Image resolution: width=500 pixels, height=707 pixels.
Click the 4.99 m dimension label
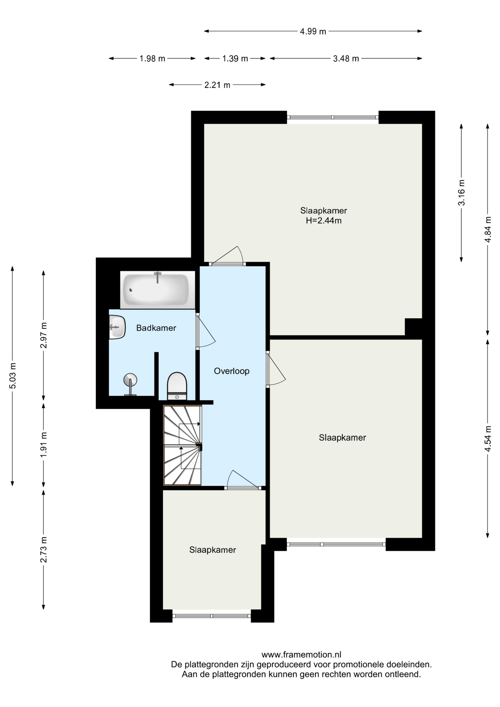(313, 31)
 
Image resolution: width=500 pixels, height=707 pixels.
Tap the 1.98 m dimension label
(152, 58)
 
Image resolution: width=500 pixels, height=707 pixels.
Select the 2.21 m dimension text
(217, 85)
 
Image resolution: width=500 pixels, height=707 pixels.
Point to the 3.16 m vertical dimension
(461, 193)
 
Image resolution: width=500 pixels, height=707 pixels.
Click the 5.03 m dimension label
(13, 376)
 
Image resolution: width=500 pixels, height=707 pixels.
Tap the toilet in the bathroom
(177, 386)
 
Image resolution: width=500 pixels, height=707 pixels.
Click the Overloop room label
(232, 371)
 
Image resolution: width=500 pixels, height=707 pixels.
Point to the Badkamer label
(156, 328)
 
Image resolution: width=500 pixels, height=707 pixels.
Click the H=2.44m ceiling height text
(324, 221)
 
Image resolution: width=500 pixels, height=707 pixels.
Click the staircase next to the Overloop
(182, 445)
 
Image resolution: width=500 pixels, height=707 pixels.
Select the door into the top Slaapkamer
(227, 256)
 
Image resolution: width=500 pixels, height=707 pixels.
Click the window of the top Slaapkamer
(333, 117)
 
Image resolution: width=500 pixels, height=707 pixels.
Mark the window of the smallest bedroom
(212, 616)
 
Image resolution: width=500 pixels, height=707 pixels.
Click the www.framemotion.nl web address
(301, 655)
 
